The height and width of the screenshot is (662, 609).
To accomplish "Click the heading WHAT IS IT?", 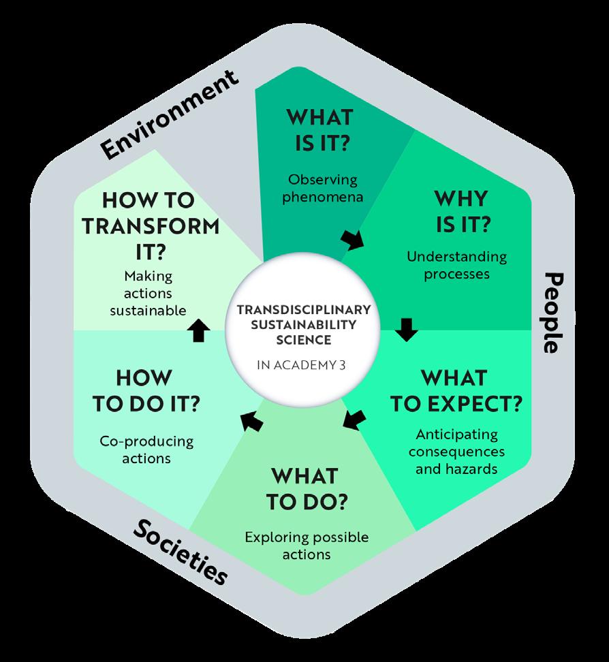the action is pos(319,128).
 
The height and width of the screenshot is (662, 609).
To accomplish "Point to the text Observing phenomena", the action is pos(323,189).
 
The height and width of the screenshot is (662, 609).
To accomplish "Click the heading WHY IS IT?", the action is pos(460,211).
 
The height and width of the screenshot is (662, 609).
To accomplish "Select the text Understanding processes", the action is pos(456,266).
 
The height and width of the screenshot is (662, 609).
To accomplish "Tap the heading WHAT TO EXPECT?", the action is pos(455,390).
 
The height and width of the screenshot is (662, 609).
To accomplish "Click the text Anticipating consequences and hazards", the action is pos(456,451).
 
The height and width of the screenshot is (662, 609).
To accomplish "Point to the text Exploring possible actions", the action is pos(307,546).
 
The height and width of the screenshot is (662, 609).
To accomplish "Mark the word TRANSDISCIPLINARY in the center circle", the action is pos(304,309).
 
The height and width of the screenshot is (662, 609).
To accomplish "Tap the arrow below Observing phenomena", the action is pos(353,238).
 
